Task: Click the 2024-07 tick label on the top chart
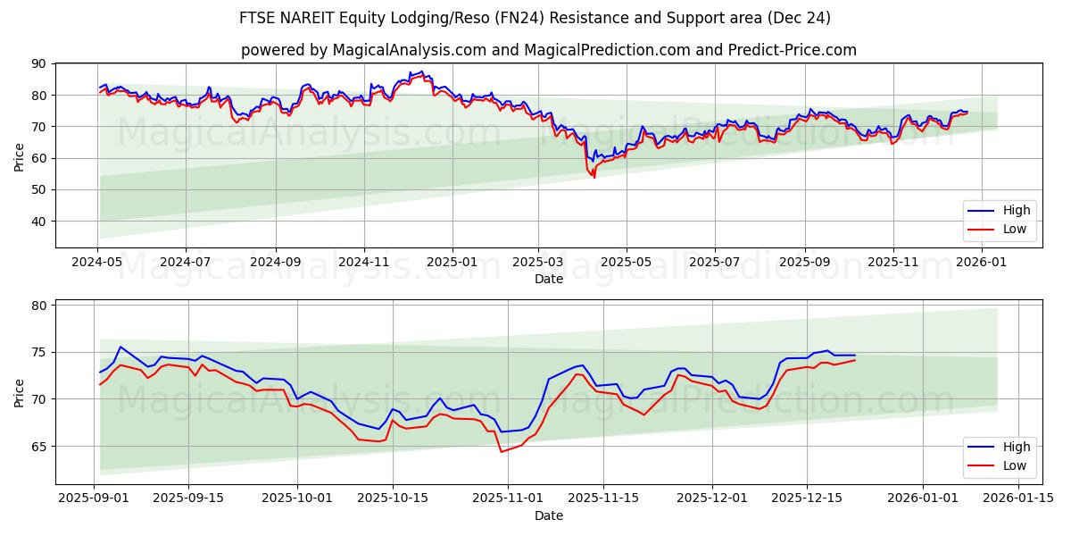point(185,263)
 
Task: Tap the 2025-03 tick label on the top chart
point(538,263)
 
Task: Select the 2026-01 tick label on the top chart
point(981,263)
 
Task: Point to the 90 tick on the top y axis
point(39,64)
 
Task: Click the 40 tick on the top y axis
point(39,222)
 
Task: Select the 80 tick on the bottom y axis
point(39,306)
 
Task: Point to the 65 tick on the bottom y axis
point(39,446)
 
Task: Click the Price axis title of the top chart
point(20,155)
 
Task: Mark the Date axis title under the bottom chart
point(548,515)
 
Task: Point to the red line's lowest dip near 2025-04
point(594,177)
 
